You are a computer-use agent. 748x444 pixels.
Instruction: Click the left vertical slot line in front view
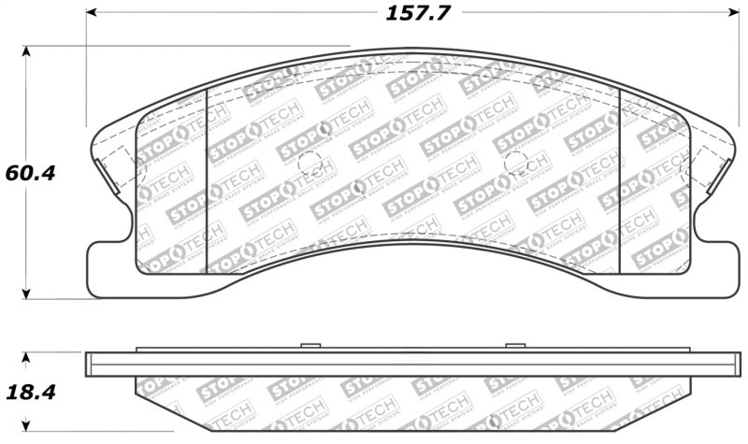pyautogui.click(x=206, y=178)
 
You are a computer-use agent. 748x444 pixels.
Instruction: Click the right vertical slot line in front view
pyautogui.click(x=620, y=178)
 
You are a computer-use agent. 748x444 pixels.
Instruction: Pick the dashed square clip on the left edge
pyautogui.click(x=114, y=171)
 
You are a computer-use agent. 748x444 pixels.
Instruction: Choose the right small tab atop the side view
pyautogui.click(x=515, y=347)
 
